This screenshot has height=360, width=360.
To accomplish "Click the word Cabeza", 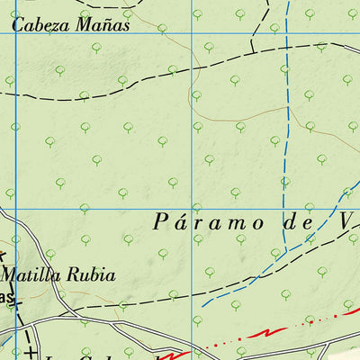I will pyautogui.click(x=40, y=25).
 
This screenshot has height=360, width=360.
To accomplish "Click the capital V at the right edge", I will pyautogui.click(x=347, y=221).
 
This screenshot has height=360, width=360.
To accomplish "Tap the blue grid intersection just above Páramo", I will pyautogui.click(x=192, y=209).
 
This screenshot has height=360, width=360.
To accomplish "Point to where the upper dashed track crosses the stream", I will pyautogui.click(x=284, y=49).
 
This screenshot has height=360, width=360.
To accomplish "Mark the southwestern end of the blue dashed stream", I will pyautogui.click(x=203, y=306).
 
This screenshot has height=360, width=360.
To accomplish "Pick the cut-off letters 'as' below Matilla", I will pyautogui.click(x=8, y=297).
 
